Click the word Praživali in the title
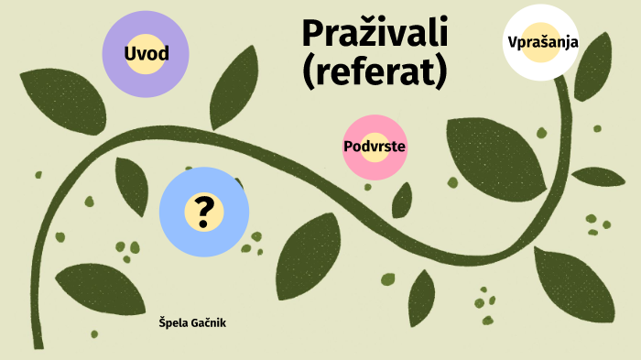click(375, 34)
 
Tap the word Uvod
click(146, 53)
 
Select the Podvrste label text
click(375, 147)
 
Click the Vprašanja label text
click(542, 42)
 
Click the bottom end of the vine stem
click(38, 344)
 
